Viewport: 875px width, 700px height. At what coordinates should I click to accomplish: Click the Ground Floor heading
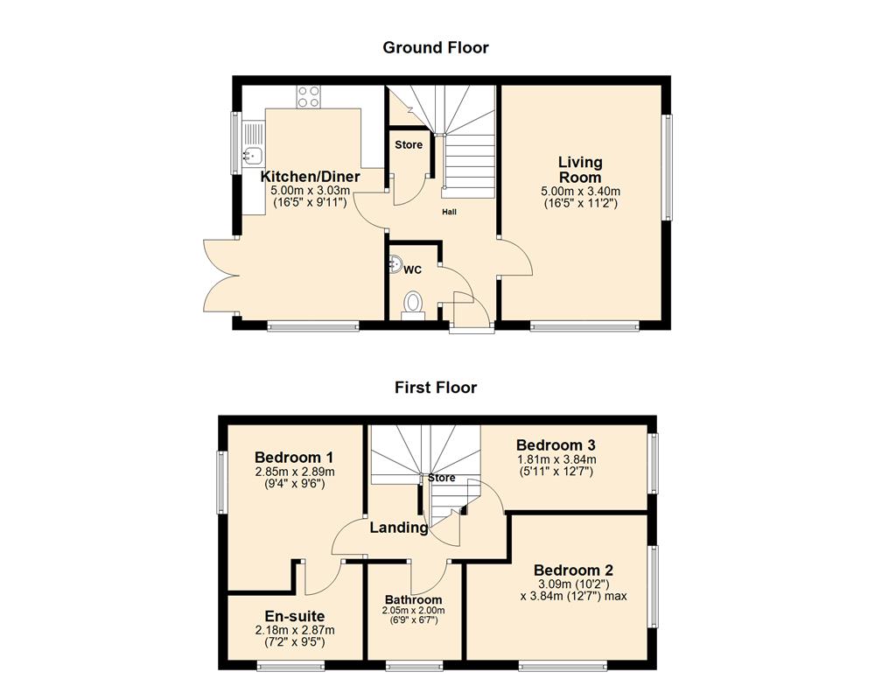pyautogui.click(x=435, y=47)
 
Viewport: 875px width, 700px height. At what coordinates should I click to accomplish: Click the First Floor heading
pyautogui.click(x=435, y=387)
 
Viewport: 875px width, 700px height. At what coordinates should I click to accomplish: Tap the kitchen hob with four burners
pyautogui.click(x=308, y=96)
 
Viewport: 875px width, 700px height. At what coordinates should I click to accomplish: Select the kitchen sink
pyautogui.click(x=252, y=157)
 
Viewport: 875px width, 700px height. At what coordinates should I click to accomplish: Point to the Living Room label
pyautogui.click(x=580, y=170)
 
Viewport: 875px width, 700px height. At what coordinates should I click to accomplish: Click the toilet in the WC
pyautogui.click(x=412, y=304)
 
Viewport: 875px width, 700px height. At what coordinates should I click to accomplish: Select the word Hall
pyautogui.click(x=448, y=212)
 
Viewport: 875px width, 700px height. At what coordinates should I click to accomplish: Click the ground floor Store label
pyautogui.click(x=408, y=145)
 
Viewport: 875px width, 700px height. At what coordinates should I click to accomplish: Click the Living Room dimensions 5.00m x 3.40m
pyautogui.click(x=581, y=192)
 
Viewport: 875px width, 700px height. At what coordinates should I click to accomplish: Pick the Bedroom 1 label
pyautogui.click(x=294, y=457)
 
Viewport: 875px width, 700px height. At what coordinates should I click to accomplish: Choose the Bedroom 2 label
pyautogui.click(x=573, y=570)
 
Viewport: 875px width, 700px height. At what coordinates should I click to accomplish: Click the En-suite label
pyautogui.click(x=294, y=616)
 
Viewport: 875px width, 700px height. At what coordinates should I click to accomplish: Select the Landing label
pyautogui.click(x=399, y=528)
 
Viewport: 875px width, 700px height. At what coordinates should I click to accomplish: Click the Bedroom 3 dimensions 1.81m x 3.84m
pyautogui.click(x=555, y=459)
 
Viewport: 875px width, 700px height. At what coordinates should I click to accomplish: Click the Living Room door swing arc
pyautogui.click(x=520, y=259)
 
